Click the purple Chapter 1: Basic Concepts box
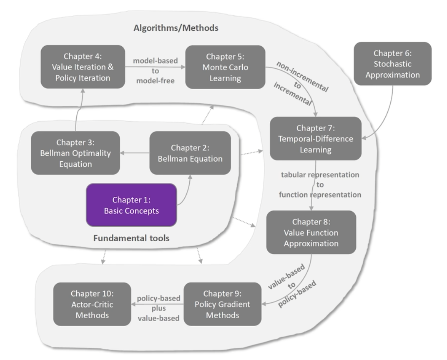[131, 205]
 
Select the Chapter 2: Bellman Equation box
[190, 153]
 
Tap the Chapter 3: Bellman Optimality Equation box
[75, 153]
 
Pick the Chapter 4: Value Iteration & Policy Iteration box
[83, 67]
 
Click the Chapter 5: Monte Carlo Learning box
[225, 67]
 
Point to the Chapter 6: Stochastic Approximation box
[392, 64]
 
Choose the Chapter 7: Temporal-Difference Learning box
[315, 138]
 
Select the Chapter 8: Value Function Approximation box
[311, 232]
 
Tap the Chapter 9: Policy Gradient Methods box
[222, 304]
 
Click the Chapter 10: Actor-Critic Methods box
[92, 304]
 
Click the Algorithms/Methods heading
[176, 28]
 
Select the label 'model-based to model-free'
[155, 71]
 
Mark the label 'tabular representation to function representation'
[320, 185]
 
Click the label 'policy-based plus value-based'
[158, 308]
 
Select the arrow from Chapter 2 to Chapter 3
[135, 153]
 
